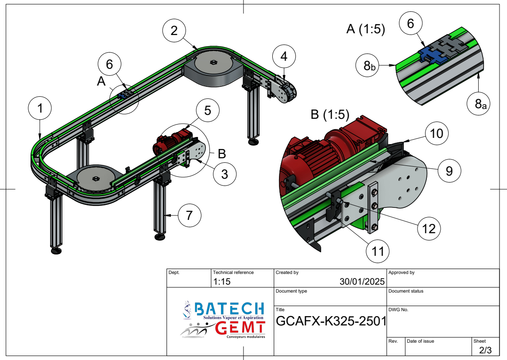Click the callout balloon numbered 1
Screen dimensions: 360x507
coord(40,109)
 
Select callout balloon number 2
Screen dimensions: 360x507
coord(174,31)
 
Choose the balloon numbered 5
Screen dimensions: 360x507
coord(208,110)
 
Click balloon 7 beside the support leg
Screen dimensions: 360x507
coord(189,216)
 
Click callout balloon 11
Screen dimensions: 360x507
coord(378,252)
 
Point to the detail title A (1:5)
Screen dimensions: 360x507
coord(365,30)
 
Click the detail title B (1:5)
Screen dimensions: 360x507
coord(330,115)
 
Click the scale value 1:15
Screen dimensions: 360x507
coord(222,282)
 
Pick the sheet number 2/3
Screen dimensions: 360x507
coord(485,350)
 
